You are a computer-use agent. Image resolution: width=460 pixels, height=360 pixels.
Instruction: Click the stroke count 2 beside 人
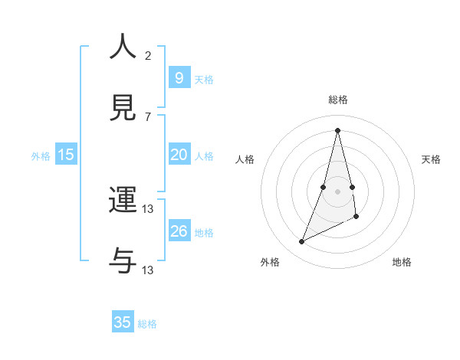tap(147, 55)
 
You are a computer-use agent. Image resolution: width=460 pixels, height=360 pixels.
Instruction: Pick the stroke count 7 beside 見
tap(147, 116)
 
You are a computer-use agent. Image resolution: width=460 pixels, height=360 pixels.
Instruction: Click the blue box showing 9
tap(179, 78)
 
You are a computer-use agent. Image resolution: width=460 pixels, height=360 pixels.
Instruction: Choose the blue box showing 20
tap(179, 155)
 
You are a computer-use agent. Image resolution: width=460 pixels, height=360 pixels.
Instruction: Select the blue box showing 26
tap(179, 231)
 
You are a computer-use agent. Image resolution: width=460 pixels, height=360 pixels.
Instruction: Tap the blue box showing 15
tap(66, 155)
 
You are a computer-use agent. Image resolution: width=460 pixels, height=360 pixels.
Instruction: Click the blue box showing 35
tap(123, 322)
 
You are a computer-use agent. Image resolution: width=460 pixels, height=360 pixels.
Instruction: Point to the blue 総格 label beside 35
tap(147, 324)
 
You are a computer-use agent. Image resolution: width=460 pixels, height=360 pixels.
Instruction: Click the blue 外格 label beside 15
tap(41, 156)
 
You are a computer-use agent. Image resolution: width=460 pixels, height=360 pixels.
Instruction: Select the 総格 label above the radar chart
tap(338, 100)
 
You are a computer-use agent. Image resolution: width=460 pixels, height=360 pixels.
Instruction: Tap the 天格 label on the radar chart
tap(431, 159)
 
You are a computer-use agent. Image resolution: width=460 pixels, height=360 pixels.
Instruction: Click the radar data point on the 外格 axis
tap(301, 242)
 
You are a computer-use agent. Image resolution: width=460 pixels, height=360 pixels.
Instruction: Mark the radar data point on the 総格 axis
tap(338, 129)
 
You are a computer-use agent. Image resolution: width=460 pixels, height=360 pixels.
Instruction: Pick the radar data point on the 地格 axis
tap(357, 217)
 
